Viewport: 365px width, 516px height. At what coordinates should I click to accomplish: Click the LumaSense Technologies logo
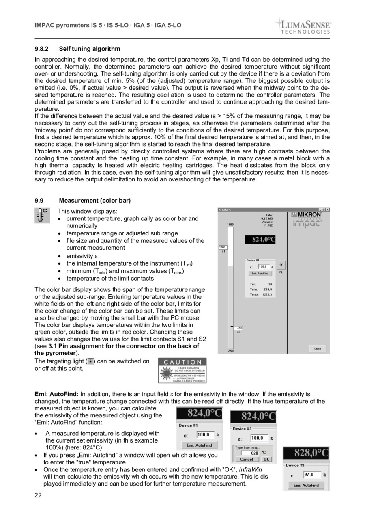[x=304, y=26]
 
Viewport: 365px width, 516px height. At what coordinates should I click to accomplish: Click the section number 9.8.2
[x=41, y=49]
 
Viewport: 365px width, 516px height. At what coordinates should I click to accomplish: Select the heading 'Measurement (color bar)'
[x=95, y=201]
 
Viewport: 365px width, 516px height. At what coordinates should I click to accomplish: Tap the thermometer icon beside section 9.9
[x=42, y=216]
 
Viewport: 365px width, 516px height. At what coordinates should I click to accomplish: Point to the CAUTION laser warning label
[x=182, y=370]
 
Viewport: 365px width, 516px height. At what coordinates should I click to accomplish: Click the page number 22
[x=38, y=494]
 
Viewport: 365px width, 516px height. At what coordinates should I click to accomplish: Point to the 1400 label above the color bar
[x=230, y=224]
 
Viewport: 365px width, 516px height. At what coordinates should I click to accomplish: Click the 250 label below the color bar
[x=230, y=351]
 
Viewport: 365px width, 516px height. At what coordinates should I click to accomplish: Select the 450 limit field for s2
[x=239, y=328]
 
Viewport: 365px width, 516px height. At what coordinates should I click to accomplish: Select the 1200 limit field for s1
[x=223, y=247]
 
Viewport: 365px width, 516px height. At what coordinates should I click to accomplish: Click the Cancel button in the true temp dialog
[x=247, y=459]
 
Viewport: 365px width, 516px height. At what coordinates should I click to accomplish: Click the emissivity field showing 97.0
[x=311, y=475]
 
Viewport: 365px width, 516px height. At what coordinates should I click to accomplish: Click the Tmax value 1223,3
[x=266, y=294]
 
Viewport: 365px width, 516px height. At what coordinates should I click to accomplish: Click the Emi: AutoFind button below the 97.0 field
[x=306, y=485]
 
